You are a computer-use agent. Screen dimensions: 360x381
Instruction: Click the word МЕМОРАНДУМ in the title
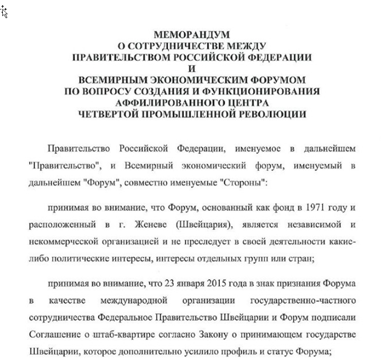pos(192,35)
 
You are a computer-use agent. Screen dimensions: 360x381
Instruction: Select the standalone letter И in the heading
pos(192,68)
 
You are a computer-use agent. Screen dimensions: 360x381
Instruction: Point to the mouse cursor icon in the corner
pos(4,12)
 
